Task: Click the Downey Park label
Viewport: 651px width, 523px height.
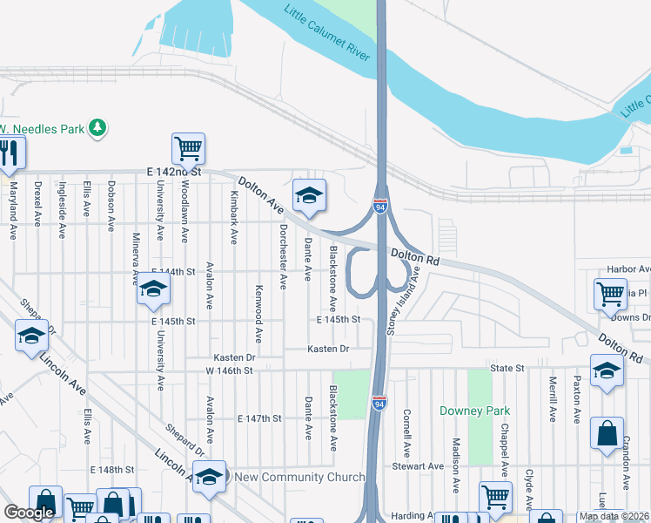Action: click(x=474, y=411)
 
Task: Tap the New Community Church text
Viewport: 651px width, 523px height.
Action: click(x=294, y=477)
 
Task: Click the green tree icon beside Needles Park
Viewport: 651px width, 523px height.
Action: click(x=99, y=128)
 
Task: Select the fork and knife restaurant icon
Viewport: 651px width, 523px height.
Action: click(x=10, y=154)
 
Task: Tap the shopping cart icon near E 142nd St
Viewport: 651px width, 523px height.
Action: click(x=188, y=150)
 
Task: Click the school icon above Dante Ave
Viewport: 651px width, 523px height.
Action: click(x=309, y=197)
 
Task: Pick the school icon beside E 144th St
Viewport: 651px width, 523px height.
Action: click(x=153, y=290)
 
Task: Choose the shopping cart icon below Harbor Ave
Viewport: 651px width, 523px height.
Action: click(x=610, y=294)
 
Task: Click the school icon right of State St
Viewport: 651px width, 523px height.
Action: click(x=606, y=370)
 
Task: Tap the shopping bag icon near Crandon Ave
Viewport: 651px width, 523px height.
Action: click(x=607, y=434)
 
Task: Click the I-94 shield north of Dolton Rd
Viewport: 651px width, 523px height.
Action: click(x=380, y=207)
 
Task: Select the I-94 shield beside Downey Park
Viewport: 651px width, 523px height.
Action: click(x=379, y=404)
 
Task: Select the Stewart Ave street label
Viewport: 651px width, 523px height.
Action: click(x=418, y=466)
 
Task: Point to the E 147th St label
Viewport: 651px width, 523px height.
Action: click(x=259, y=418)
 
